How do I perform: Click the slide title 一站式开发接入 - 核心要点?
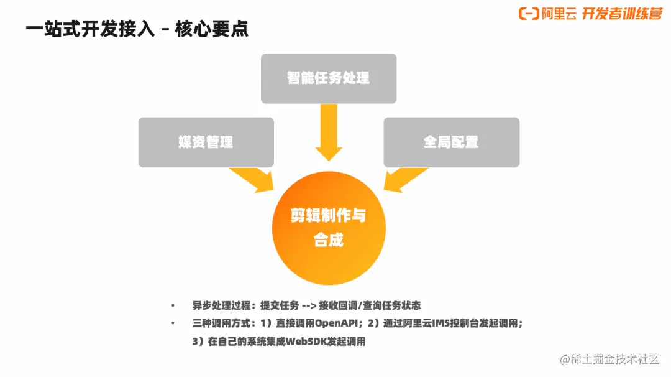(x=137, y=29)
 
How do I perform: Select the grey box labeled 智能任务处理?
(x=329, y=78)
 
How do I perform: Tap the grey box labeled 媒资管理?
(x=206, y=142)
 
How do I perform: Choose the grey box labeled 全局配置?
(x=452, y=142)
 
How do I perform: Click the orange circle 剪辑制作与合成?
(x=329, y=228)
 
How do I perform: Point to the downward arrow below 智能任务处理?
(x=329, y=132)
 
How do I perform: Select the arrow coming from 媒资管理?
(x=252, y=180)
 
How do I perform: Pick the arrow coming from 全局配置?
(x=405, y=180)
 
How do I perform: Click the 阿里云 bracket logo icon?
(x=529, y=14)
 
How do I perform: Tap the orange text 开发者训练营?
(x=622, y=14)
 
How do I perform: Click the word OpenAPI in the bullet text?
(x=336, y=323)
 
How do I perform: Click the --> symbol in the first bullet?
(x=309, y=305)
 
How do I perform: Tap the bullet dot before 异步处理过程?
(x=173, y=305)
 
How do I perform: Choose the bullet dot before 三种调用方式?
(x=173, y=323)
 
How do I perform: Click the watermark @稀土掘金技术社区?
(x=609, y=359)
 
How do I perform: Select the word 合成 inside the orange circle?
(x=329, y=240)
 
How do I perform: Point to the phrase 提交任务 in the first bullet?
(x=280, y=305)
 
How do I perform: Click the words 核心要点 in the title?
(x=212, y=29)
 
